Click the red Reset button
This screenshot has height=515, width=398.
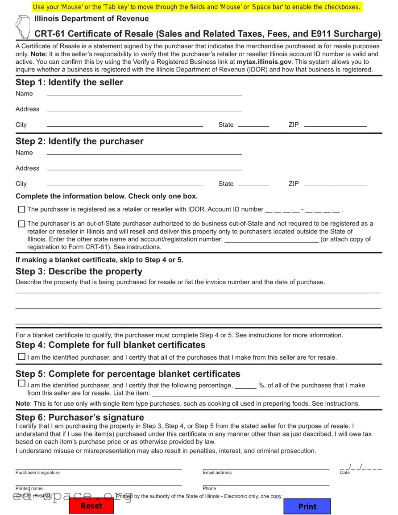(91, 506)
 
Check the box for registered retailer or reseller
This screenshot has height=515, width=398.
(21, 209)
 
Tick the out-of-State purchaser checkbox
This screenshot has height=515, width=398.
(21, 224)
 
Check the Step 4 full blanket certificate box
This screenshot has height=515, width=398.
(21, 357)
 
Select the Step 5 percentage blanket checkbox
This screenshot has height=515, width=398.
(21, 383)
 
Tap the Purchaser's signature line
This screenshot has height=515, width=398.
(99, 466)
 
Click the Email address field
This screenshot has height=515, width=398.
(266, 466)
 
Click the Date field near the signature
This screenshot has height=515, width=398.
(361, 467)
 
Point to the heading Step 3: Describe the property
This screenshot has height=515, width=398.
(79, 271)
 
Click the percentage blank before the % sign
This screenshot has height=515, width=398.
(245, 386)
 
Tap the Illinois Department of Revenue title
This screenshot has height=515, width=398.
(91, 18)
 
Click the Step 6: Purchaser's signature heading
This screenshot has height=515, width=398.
(80, 417)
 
